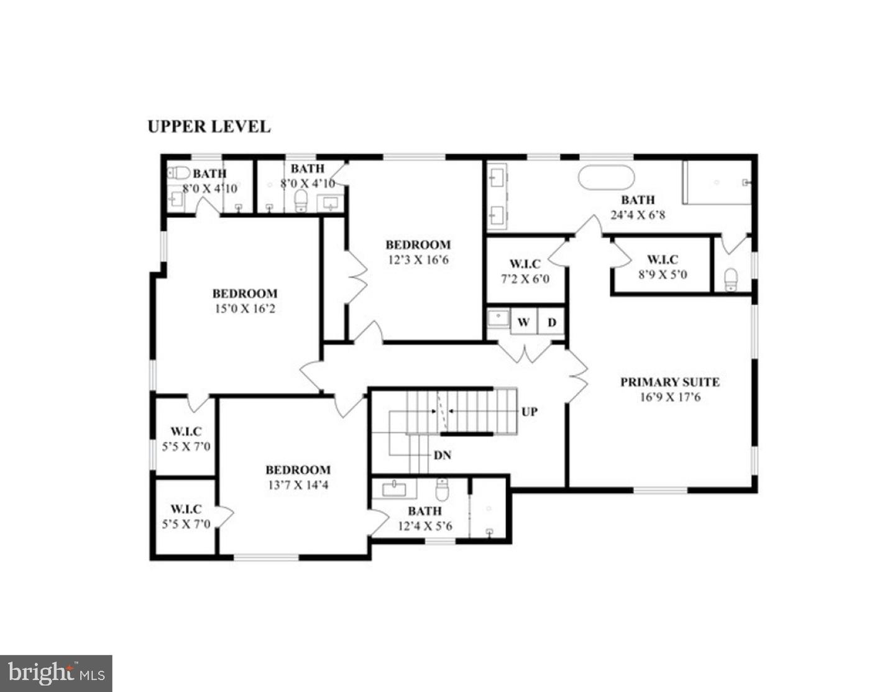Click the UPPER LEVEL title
coord(209,126)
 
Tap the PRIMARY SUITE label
coord(669,382)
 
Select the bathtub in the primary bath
coord(606,177)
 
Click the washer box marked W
coord(523,322)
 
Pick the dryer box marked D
coord(551,322)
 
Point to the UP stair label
coord(529,412)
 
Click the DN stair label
coord(442,455)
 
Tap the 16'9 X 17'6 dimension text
coord(669,397)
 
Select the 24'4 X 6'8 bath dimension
coord(638,215)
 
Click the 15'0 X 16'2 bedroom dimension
coord(244,308)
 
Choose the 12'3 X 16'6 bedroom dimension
coord(418,260)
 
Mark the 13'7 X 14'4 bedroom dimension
coord(298,485)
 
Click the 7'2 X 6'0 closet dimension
coord(525,279)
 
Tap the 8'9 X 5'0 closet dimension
coord(663,274)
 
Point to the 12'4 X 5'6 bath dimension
coord(425,526)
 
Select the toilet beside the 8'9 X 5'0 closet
coord(731,279)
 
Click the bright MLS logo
coord(56,673)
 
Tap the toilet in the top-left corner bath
coord(180,172)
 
